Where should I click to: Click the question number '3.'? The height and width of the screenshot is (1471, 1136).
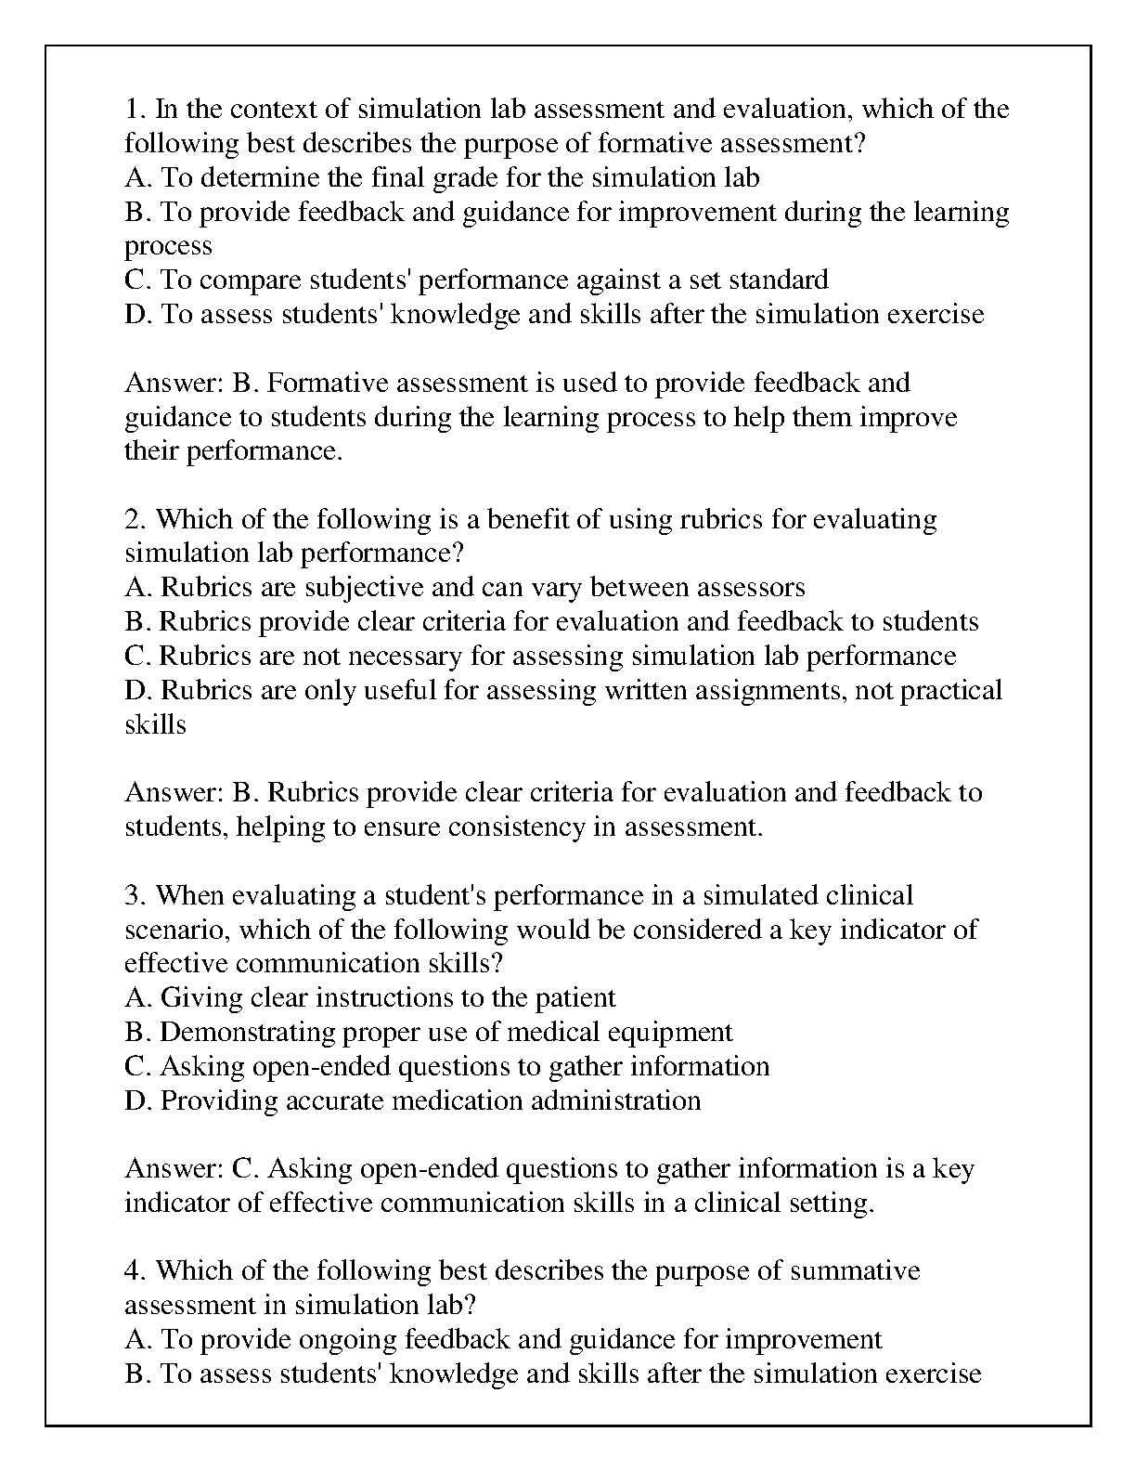136,895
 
